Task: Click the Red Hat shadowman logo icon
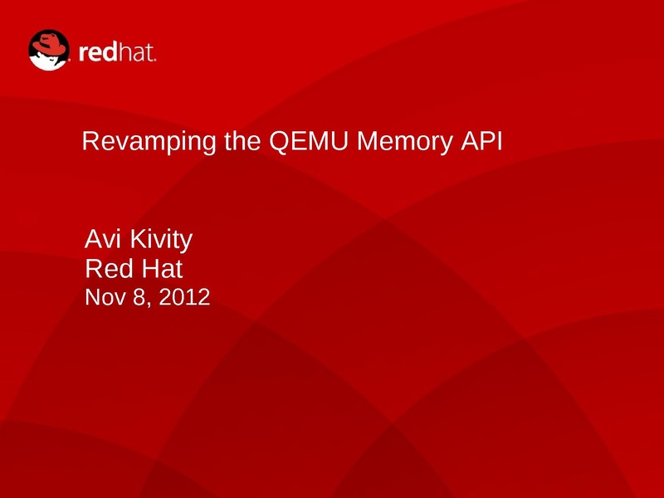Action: pyautogui.click(x=49, y=50)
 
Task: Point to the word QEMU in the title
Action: pyautogui.click(x=308, y=141)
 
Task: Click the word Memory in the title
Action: pyautogui.click(x=405, y=142)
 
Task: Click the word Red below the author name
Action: pyautogui.click(x=110, y=268)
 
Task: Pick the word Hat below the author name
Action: pyautogui.click(x=162, y=268)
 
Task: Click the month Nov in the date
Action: pyautogui.click(x=105, y=297)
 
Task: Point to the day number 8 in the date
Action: pyautogui.click(x=139, y=297)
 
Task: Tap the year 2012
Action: pyautogui.click(x=184, y=297)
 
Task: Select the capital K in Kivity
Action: pyautogui.click(x=139, y=239)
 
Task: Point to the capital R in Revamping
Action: pyautogui.click(x=91, y=141)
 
